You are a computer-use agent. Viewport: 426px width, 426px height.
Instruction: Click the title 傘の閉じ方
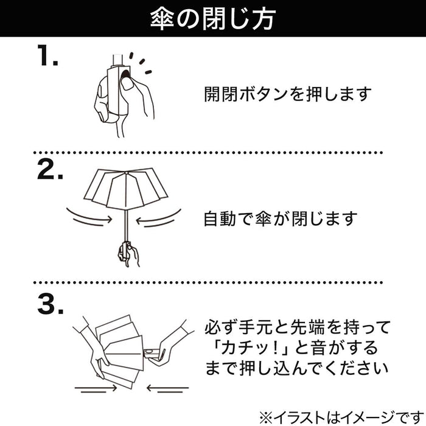[x=212, y=18]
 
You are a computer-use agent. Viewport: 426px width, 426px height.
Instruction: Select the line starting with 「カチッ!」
[x=286, y=349]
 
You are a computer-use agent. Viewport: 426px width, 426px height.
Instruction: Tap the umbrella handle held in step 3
[x=152, y=354]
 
